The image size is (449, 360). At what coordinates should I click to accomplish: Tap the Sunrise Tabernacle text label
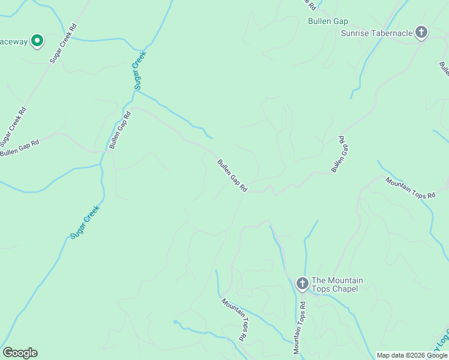tap(376, 33)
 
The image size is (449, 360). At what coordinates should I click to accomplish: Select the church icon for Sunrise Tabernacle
tap(421, 33)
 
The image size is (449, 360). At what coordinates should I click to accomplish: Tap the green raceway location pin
tap(37, 41)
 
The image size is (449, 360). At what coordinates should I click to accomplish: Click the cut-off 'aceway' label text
tap(13, 42)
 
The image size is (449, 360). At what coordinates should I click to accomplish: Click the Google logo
tap(20, 353)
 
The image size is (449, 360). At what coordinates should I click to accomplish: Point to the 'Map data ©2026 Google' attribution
tap(412, 355)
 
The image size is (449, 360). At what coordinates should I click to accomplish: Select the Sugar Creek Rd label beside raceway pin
tap(64, 44)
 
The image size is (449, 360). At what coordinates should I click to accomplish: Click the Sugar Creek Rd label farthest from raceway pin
tap(14, 127)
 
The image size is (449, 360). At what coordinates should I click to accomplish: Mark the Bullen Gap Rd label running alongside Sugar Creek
tap(120, 130)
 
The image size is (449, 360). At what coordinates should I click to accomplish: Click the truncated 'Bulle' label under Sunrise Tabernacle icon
tap(444, 69)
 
